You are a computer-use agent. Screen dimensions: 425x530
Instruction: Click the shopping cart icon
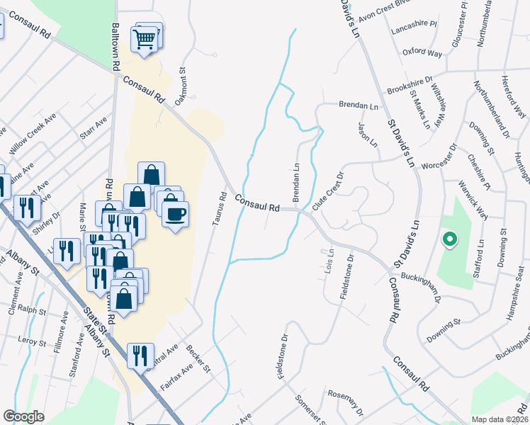(x=145, y=38)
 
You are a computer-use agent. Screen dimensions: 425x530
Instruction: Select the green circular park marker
(x=448, y=240)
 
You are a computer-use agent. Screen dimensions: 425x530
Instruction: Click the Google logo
(x=24, y=416)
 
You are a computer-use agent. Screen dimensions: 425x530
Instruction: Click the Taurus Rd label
(x=219, y=210)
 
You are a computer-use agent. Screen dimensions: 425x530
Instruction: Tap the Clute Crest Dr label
(x=328, y=189)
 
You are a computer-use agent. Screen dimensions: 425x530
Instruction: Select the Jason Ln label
(x=367, y=132)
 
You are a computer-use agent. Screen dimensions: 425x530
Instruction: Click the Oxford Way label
(x=422, y=53)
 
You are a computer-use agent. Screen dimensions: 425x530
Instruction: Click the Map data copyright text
(x=500, y=419)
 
